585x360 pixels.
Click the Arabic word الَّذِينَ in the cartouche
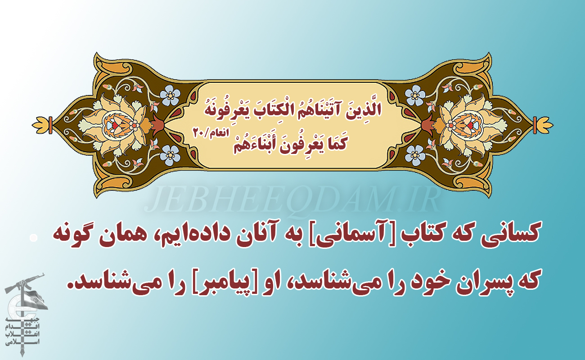364,110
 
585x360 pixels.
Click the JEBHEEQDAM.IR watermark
292,199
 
